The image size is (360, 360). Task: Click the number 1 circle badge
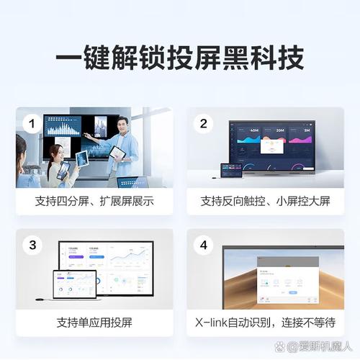pos(31,124)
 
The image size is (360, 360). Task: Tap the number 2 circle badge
pos(203,124)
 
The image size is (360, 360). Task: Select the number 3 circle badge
pos(31,246)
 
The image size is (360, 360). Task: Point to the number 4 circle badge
pos(203,246)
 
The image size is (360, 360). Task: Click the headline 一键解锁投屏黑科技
pos(179,58)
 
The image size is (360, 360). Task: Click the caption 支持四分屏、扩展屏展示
pos(94,201)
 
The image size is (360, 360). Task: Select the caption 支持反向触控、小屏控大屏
pos(265,201)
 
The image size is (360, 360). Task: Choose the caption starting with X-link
pos(265,322)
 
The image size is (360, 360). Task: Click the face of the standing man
pos(123,123)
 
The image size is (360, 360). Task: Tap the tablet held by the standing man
pos(117,153)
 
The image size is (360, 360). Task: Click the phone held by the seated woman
pos(64,169)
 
